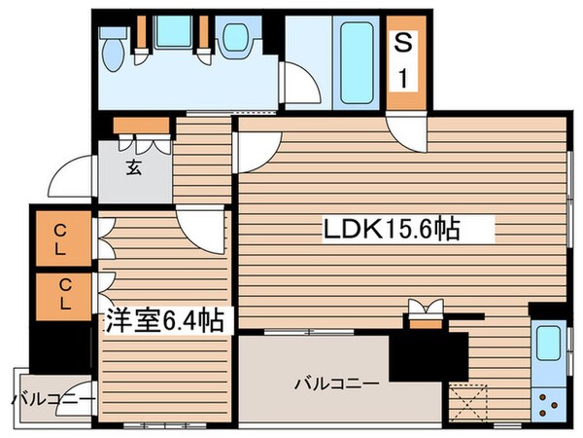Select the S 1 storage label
pos(401,61)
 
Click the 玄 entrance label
pos(132,166)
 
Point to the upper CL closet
pos(59,237)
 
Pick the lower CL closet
pos(59,294)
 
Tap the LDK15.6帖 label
pos(392,231)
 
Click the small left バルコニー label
pos(52,399)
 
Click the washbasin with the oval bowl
pos(236,38)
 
